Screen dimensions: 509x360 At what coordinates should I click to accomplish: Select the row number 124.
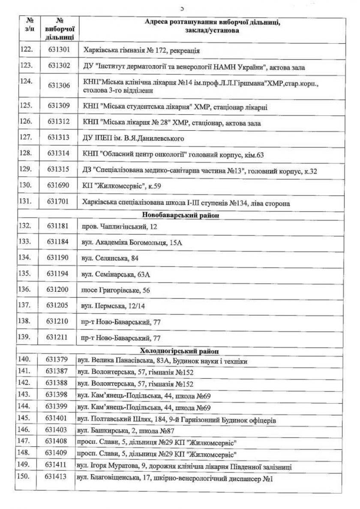(x=27, y=81)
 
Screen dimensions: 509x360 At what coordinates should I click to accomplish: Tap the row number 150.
(x=27, y=476)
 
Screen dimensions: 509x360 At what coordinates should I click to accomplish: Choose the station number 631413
(x=57, y=476)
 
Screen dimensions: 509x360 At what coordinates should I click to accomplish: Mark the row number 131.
(x=27, y=202)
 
